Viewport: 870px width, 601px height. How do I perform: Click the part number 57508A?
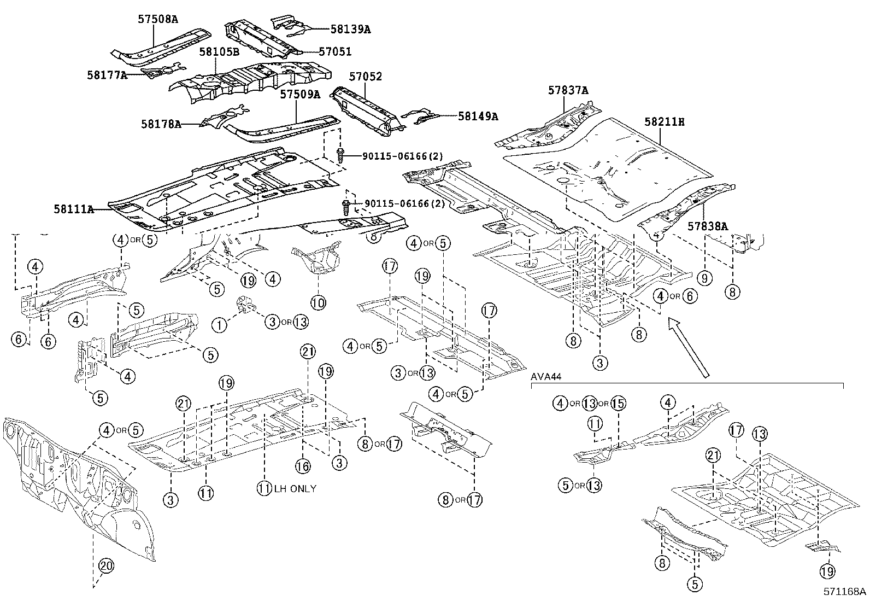click(158, 20)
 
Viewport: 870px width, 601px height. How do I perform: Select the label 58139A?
click(350, 29)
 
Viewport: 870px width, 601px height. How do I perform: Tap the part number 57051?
click(335, 51)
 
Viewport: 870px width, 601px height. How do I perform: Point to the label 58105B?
click(219, 52)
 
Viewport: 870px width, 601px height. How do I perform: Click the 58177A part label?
click(107, 75)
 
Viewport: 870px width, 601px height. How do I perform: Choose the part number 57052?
click(365, 76)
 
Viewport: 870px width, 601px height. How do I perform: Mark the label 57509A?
click(300, 94)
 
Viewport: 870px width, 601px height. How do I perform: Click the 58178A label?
click(161, 124)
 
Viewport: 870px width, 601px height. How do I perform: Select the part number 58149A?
click(478, 116)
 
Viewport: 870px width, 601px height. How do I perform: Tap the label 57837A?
click(568, 90)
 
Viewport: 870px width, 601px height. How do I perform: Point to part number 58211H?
click(665, 122)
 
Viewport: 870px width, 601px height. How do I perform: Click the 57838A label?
click(708, 226)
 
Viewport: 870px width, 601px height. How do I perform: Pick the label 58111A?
click(74, 209)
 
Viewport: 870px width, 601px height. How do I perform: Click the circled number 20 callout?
click(107, 565)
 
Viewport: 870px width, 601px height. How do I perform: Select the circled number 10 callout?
click(318, 302)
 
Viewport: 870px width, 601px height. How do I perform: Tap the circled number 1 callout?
click(219, 325)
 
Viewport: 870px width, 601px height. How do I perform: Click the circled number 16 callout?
click(303, 466)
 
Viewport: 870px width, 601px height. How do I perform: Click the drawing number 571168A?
click(845, 591)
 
